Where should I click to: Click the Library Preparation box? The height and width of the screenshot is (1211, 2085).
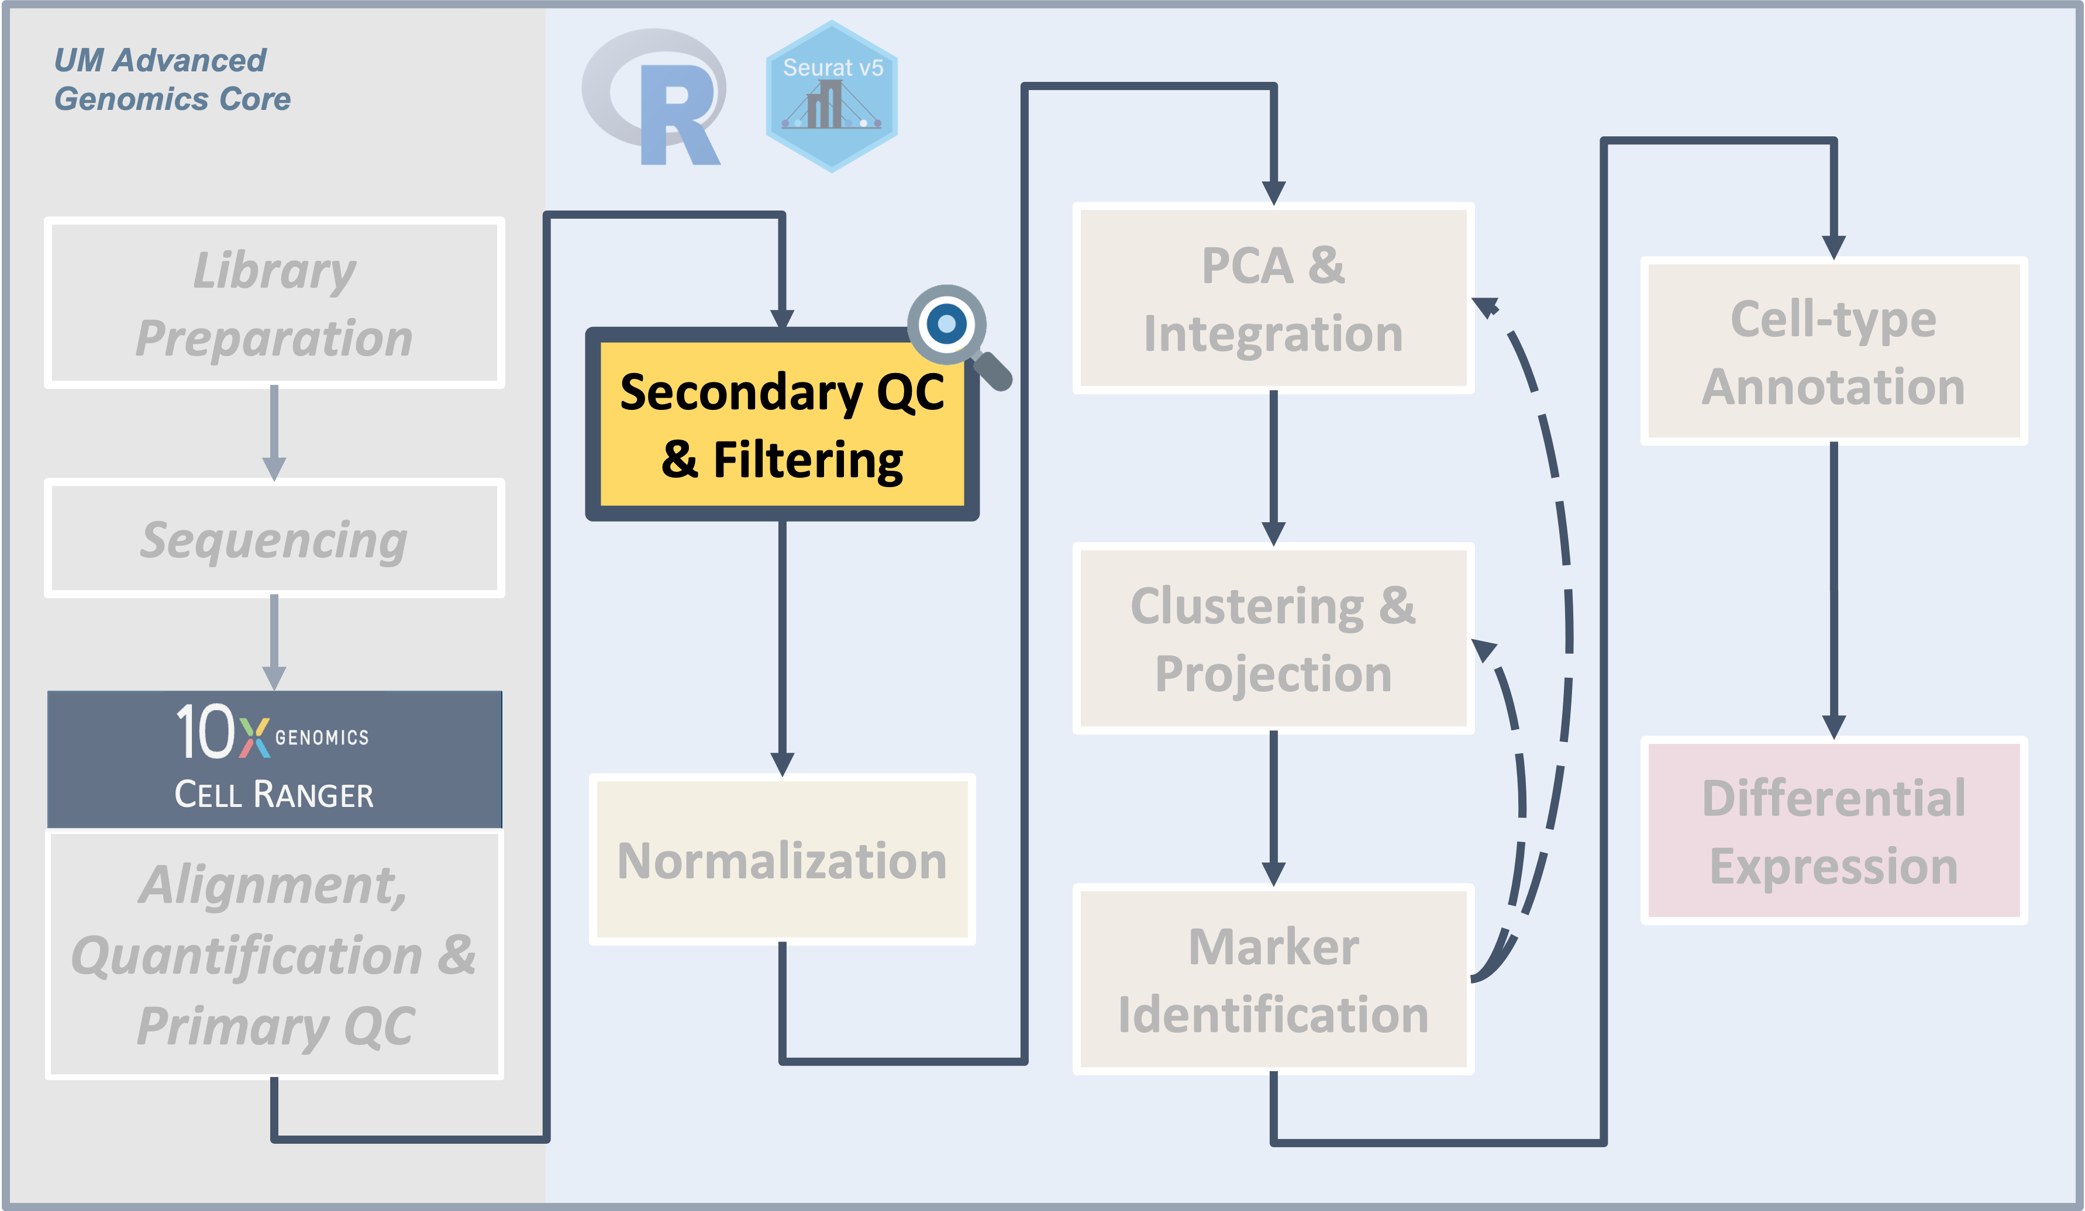274,303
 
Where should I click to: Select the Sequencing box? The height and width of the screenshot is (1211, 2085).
274,539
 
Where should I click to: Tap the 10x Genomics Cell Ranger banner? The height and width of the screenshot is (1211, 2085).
274,758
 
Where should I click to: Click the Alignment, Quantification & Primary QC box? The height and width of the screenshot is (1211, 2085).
274,954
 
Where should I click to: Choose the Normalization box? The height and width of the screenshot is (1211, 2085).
782,860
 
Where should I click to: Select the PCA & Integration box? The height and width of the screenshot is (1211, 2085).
1273,299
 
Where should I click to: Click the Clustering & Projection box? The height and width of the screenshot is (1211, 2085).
1273,639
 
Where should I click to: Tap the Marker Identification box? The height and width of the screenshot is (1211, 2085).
1273,979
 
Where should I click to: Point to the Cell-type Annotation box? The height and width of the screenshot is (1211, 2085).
1833,351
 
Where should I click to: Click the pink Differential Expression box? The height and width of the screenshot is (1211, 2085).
1833,830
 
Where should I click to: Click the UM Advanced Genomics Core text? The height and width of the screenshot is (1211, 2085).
171,80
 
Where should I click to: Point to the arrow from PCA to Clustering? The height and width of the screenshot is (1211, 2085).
1273,467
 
